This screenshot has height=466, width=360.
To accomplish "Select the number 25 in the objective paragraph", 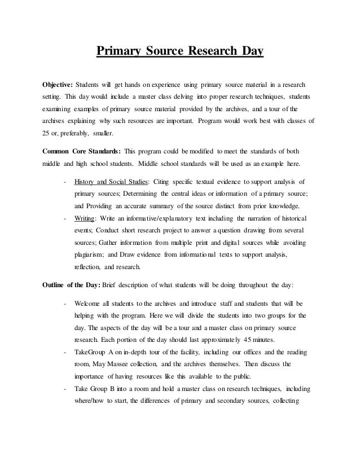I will click(x=47, y=134).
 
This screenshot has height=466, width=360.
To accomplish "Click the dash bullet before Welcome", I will click(x=66, y=304).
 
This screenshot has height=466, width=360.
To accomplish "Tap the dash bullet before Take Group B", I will click(x=66, y=389).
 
